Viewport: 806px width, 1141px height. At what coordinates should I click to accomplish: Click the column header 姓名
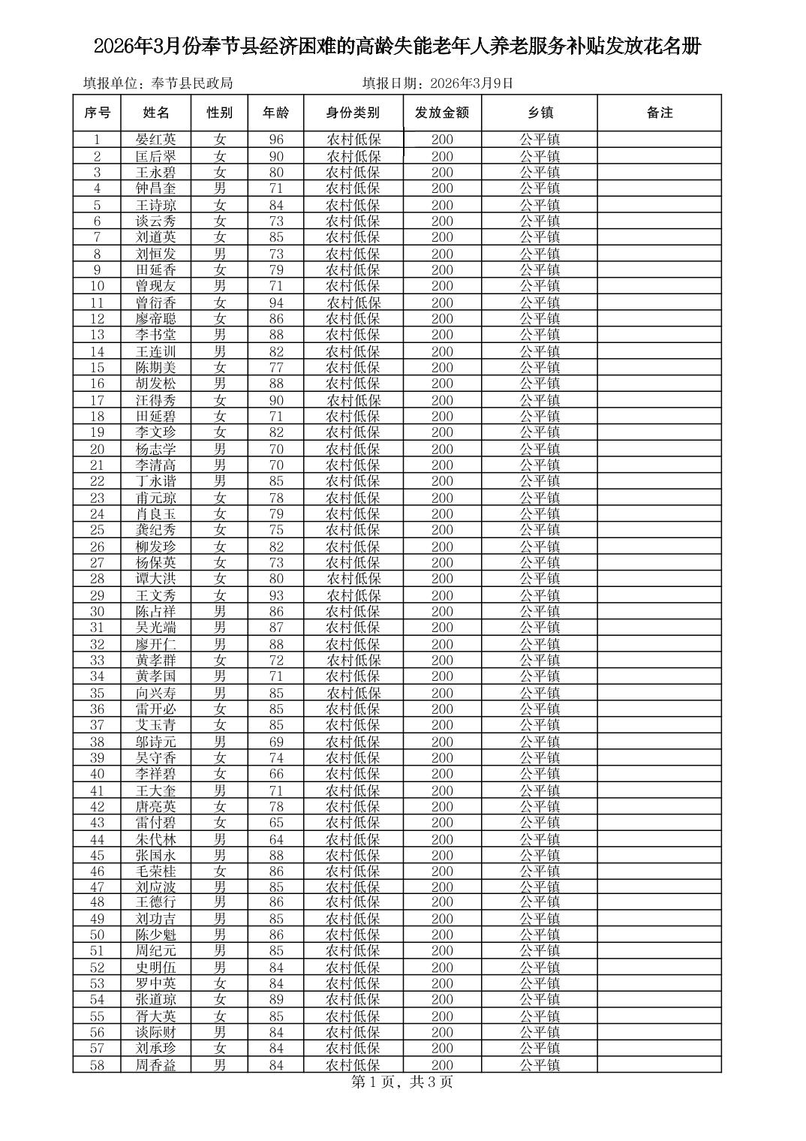[156, 113]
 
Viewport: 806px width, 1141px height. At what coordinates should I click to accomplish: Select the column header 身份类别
[353, 113]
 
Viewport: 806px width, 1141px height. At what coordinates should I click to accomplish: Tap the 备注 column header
[659, 113]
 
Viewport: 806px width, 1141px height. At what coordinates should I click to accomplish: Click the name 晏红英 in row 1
[156, 140]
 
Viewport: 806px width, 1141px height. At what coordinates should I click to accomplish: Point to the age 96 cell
[276, 140]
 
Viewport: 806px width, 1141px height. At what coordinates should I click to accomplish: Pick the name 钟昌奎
[156, 188]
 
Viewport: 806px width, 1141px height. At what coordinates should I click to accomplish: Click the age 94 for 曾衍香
[276, 303]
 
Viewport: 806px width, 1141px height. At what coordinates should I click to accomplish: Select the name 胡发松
[156, 384]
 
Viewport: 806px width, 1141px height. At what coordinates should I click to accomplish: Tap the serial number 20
[97, 449]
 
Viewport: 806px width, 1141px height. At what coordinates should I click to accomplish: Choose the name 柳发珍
[156, 546]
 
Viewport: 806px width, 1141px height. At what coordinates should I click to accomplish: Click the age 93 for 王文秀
[276, 595]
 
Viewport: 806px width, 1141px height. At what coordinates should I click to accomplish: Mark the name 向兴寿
[156, 693]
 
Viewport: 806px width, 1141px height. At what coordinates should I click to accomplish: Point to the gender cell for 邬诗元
[220, 742]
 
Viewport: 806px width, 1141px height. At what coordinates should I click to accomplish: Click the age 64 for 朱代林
[276, 839]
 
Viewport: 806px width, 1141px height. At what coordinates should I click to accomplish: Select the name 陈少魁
[156, 935]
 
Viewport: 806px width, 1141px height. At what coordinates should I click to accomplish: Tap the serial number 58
[97, 1065]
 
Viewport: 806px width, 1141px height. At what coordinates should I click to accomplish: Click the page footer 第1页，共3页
[402, 1082]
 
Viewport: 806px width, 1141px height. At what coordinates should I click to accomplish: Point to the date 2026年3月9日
[472, 83]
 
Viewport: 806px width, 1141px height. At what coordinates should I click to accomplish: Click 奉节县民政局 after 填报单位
[192, 83]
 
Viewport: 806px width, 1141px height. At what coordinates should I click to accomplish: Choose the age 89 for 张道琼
[276, 999]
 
